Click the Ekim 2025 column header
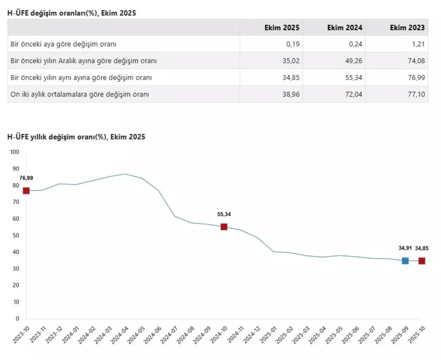tap(282, 28)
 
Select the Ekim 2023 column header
tap(407, 28)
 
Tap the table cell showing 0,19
tap(293, 44)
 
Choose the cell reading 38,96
tap(291, 94)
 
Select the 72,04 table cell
tap(354, 94)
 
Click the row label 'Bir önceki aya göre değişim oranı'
tap(64, 44)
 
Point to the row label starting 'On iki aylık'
tap(80, 94)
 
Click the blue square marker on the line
tap(405, 261)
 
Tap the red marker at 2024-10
tap(224, 227)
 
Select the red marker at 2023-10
tap(26, 191)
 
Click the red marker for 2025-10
tap(422, 261)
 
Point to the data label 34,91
tap(405, 248)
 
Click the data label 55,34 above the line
tap(224, 214)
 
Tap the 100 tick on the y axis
tap(15, 152)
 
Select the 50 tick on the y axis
tap(17, 235)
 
